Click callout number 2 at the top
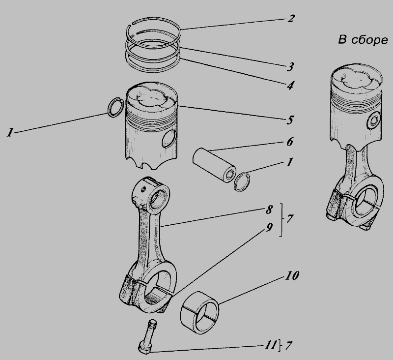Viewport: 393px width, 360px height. point(290,18)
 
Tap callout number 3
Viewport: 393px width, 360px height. point(290,67)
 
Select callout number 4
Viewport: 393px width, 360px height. point(290,86)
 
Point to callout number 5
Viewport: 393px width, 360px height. point(290,120)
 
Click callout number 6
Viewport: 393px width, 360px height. point(289,142)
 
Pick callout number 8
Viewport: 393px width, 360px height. point(269,210)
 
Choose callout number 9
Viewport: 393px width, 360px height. point(269,228)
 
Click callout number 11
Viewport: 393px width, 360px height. point(270,345)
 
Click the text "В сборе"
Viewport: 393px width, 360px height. point(363,40)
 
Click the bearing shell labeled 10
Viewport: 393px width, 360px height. point(200,313)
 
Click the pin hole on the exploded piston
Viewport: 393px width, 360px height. point(169,139)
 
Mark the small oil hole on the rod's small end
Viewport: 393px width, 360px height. point(143,189)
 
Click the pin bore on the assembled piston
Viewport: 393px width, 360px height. point(374,120)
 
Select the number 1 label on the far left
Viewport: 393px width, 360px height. point(10,132)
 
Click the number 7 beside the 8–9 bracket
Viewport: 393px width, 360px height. point(289,219)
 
